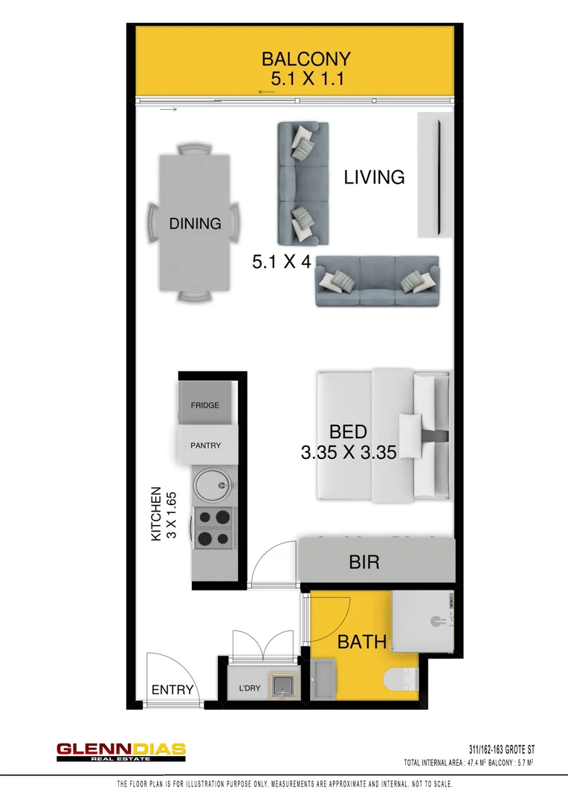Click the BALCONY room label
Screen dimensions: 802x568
point(306,59)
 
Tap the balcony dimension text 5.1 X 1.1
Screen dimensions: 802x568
point(307,79)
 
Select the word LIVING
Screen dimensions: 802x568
point(374,177)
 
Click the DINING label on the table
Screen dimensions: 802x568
point(195,223)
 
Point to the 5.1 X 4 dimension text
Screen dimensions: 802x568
point(281,261)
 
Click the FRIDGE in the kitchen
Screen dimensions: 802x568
point(205,405)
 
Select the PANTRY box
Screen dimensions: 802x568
point(206,446)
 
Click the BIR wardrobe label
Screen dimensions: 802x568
point(364,562)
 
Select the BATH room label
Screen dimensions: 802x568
point(362,642)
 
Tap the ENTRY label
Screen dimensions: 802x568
point(172,690)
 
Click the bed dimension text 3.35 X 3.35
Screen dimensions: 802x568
point(347,451)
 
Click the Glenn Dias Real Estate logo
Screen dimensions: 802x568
point(121,752)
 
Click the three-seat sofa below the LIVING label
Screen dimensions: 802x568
point(377,281)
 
